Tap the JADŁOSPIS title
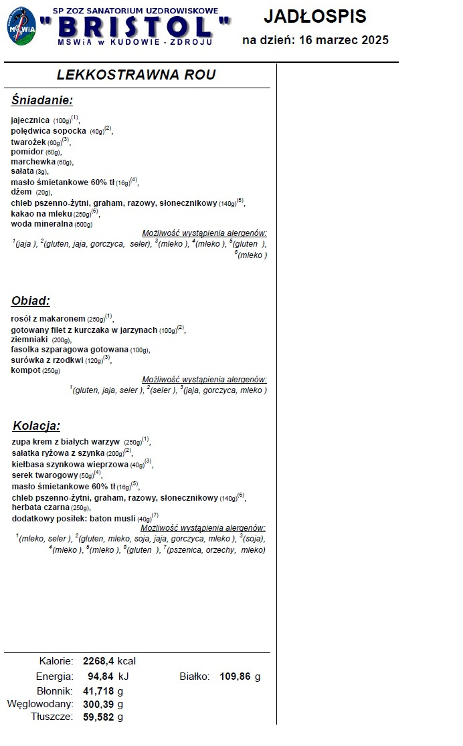(x=315, y=17)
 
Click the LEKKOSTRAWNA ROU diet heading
(x=136, y=75)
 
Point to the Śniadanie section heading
(x=41, y=101)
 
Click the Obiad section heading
(x=31, y=301)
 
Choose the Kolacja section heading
(x=36, y=426)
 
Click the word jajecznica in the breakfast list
(x=30, y=120)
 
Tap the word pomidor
(x=27, y=152)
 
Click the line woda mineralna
(x=42, y=224)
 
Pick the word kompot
(x=26, y=370)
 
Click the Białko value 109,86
(x=235, y=676)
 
